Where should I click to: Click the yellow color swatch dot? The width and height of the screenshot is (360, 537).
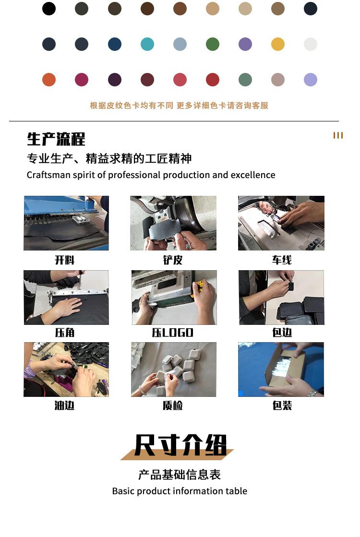[x=278, y=44]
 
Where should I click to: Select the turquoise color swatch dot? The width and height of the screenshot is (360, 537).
[x=147, y=44]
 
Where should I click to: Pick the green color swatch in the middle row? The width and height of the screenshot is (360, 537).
[x=212, y=44]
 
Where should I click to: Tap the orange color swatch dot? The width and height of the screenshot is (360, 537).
[x=49, y=80]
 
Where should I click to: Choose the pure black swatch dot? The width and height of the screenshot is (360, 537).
[x=49, y=9]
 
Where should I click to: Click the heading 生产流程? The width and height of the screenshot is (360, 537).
[x=56, y=139]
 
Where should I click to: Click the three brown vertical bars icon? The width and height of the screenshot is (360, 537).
[x=338, y=135]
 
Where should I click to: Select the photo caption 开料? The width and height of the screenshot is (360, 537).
[x=65, y=260]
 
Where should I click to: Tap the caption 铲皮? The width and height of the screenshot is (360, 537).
[x=173, y=260]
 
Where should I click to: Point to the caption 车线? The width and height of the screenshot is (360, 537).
[x=282, y=260]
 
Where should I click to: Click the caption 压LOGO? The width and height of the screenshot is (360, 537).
[x=173, y=333]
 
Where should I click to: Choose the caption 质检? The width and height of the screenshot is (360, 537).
[x=173, y=406]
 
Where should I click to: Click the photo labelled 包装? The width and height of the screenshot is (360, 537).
[x=281, y=369]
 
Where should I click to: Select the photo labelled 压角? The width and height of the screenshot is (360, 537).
[x=66, y=297]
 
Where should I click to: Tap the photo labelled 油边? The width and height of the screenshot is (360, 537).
[x=66, y=369]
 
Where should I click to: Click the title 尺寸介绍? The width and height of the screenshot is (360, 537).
[x=180, y=445]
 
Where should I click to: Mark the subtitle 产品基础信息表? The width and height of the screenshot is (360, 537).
[x=180, y=475]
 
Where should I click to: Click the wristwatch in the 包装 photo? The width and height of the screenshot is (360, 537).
[x=312, y=393]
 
